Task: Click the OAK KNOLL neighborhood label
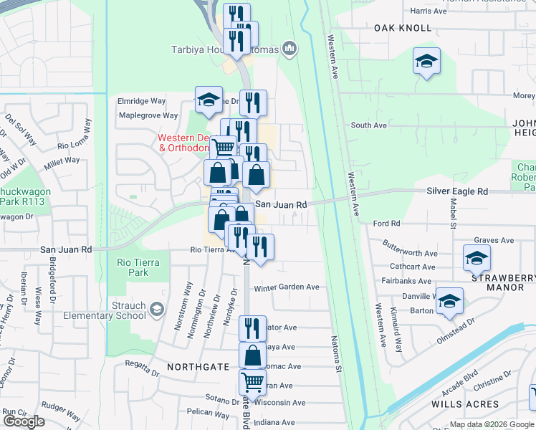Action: [x=403, y=28]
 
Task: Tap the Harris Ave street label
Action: [x=429, y=11]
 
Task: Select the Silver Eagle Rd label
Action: [x=456, y=191]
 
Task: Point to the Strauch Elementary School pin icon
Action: [x=157, y=310]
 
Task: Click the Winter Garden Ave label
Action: [x=287, y=287]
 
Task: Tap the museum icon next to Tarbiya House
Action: [x=289, y=49]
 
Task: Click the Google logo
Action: [x=24, y=421]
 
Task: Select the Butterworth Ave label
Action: [x=410, y=253]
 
